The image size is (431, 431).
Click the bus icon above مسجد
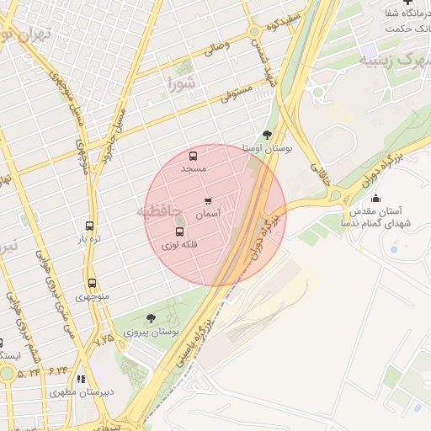[x=193, y=156]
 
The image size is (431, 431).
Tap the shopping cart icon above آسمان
[x=208, y=201]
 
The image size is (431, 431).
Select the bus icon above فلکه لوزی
[x=178, y=231]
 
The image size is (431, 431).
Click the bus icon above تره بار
[x=89, y=226]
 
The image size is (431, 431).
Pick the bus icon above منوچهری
[x=90, y=284]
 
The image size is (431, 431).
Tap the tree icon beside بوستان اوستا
[x=267, y=134]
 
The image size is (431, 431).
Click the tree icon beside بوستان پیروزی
[x=151, y=318]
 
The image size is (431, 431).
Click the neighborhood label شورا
[x=182, y=83]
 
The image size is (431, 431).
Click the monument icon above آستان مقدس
[x=375, y=199]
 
